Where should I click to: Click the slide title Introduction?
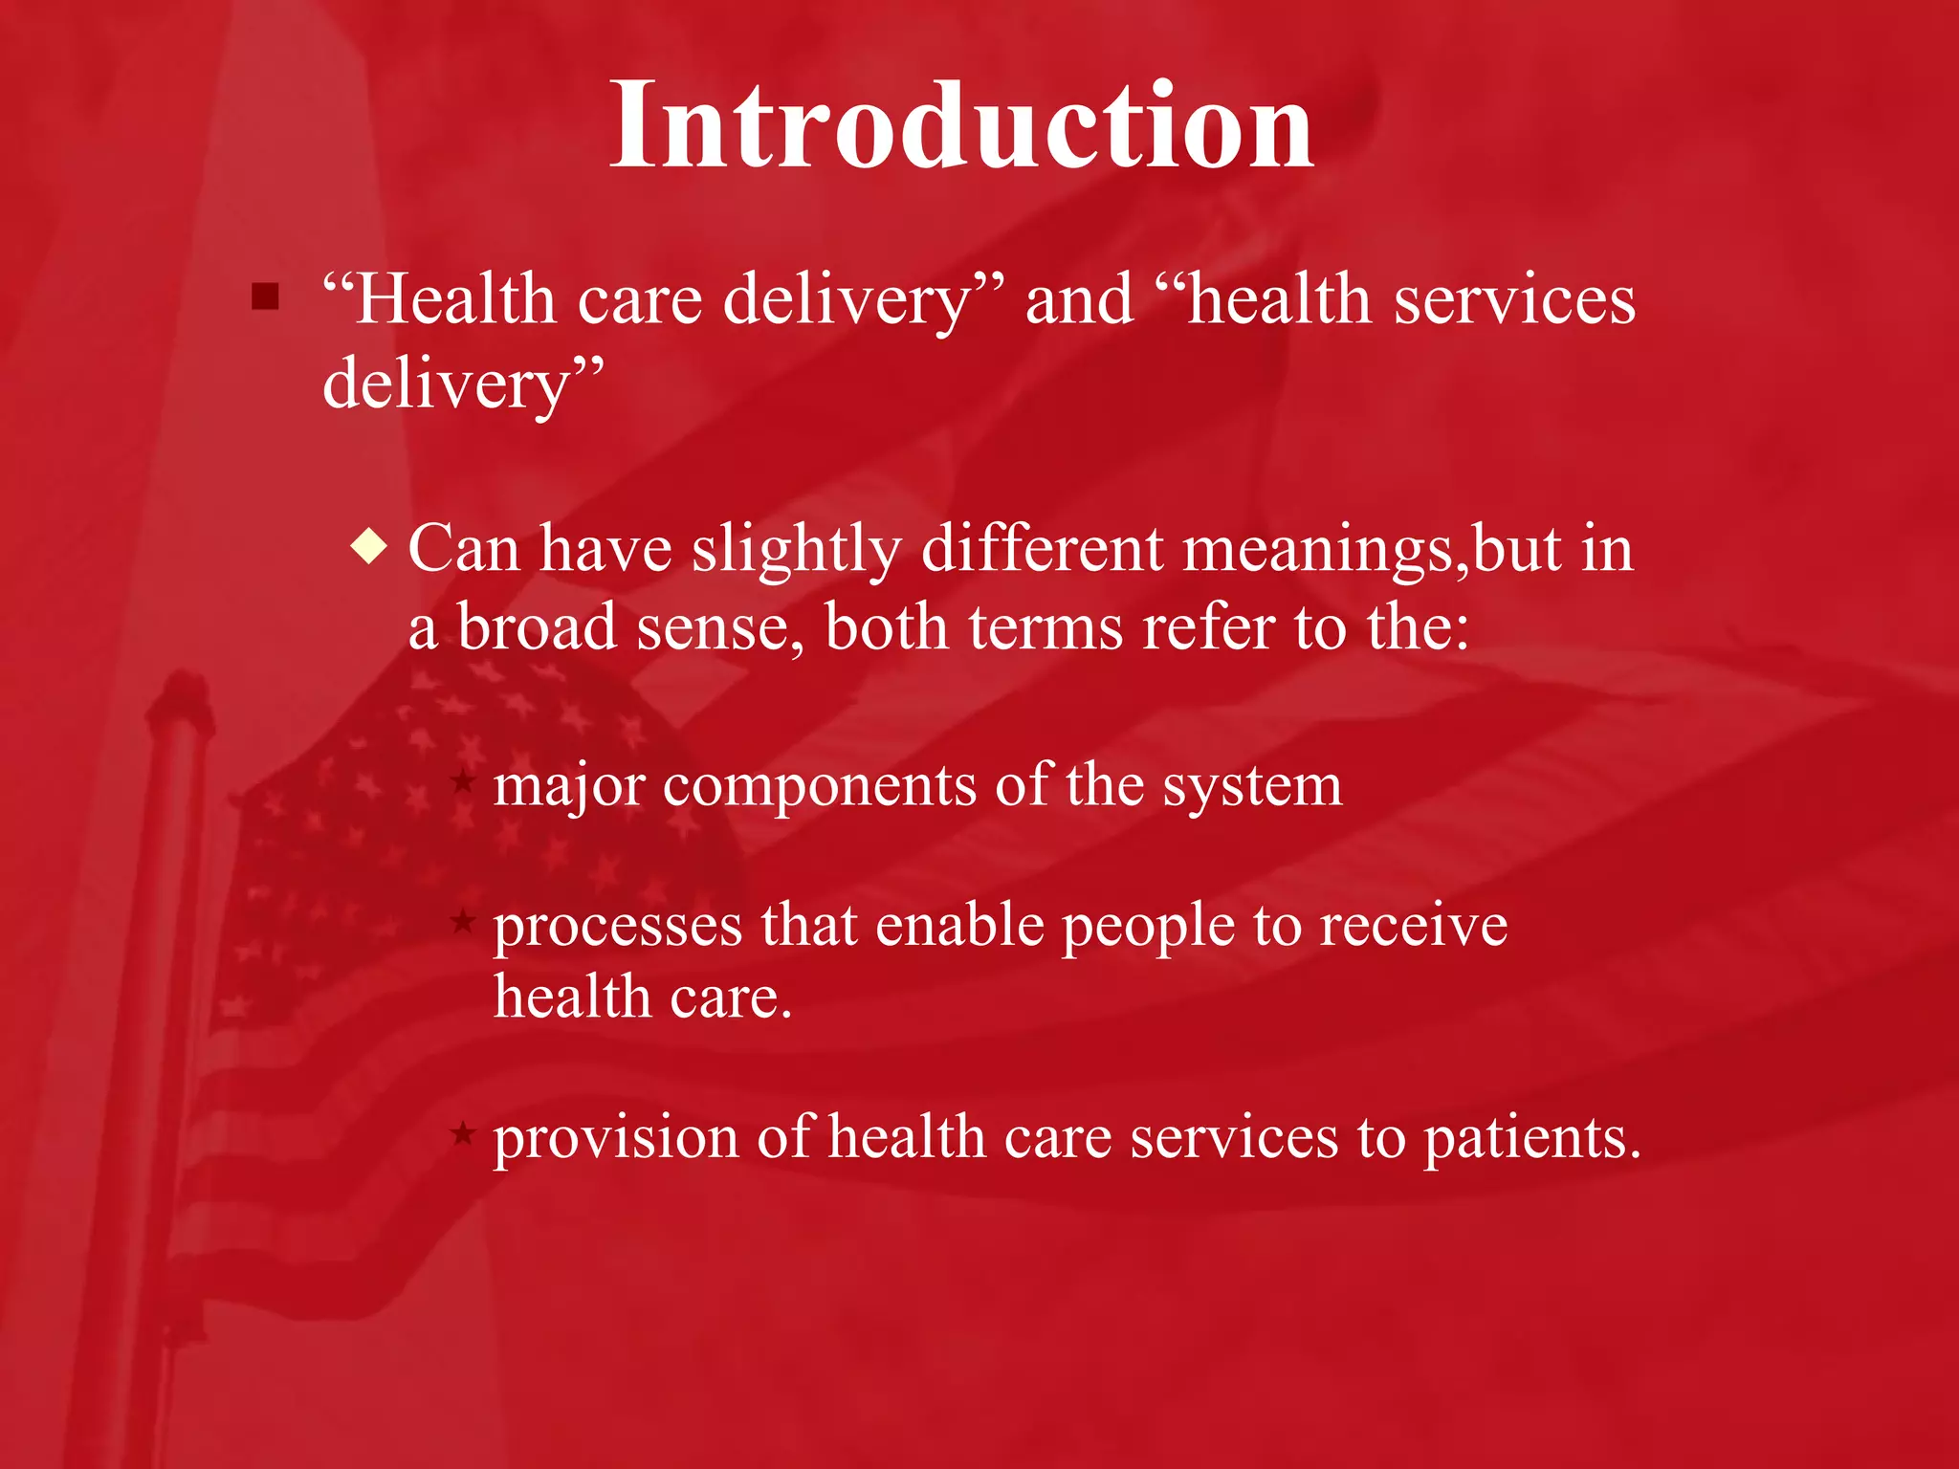(x=961, y=126)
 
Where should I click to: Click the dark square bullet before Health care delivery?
(x=265, y=296)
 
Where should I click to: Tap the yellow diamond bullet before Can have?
(x=368, y=547)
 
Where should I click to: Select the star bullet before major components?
(x=463, y=782)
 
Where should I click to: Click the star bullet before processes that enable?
(x=463, y=921)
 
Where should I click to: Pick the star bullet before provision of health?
(x=463, y=1134)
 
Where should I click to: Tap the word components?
(x=819, y=786)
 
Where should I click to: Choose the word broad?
(x=537, y=627)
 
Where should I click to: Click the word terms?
(x=1046, y=627)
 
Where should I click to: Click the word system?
(x=1252, y=786)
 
